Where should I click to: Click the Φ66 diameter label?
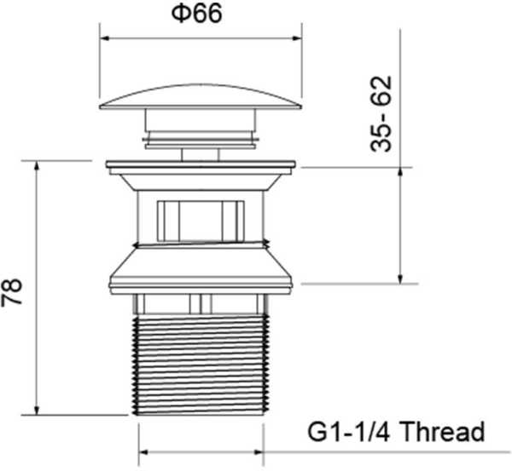point(201,14)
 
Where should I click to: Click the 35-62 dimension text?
point(381,114)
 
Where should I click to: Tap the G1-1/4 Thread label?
point(395,431)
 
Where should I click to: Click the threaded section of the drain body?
point(201,358)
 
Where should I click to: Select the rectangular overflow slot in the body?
point(201,219)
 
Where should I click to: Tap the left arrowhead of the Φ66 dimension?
point(105,37)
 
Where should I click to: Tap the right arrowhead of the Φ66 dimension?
point(298,37)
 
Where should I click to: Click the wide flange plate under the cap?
point(201,164)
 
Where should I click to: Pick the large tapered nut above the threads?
point(201,271)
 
